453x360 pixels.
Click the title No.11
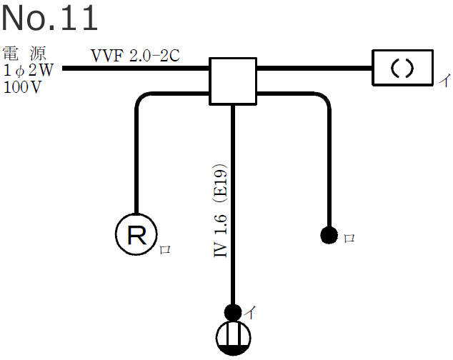pos(49,19)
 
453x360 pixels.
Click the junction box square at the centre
pos(232,80)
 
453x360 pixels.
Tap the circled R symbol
pos(136,234)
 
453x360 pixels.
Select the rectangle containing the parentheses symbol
pos(402,68)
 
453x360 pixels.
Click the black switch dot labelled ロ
pos(329,234)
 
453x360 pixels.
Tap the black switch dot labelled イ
pos(233,312)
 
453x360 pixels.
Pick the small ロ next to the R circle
pos(165,249)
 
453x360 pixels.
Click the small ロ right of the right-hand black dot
pos(349,238)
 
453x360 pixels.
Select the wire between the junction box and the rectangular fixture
pos(314,69)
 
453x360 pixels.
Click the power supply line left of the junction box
pos(136,69)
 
